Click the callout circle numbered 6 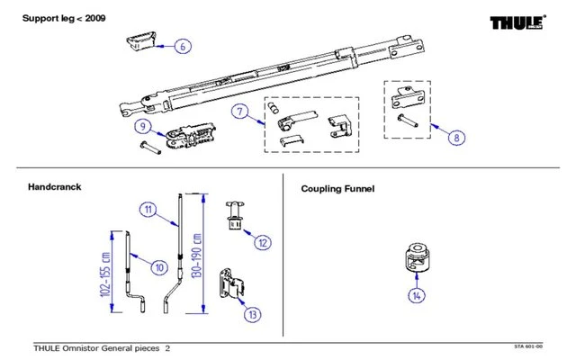pyautogui.click(x=181, y=45)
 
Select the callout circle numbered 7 pyautogui.click(x=239, y=112)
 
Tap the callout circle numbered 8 pyautogui.click(x=457, y=138)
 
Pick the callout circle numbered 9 pyautogui.click(x=143, y=126)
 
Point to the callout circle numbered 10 pyautogui.click(x=158, y=266)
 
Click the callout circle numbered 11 pyautogui.click(x=148, y=209)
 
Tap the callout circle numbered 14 pyautogui.click(x=415, y=294)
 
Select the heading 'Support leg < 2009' pyautogui.click(x=58, y=17)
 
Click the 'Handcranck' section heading pyautogui.click(x=55, y=187)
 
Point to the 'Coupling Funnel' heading pyautogui.click(x=337, y=189)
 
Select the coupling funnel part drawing pyautogui.click(x=415, y=258)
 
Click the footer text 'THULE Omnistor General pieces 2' pyautogui.click(x=101, y=347)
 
